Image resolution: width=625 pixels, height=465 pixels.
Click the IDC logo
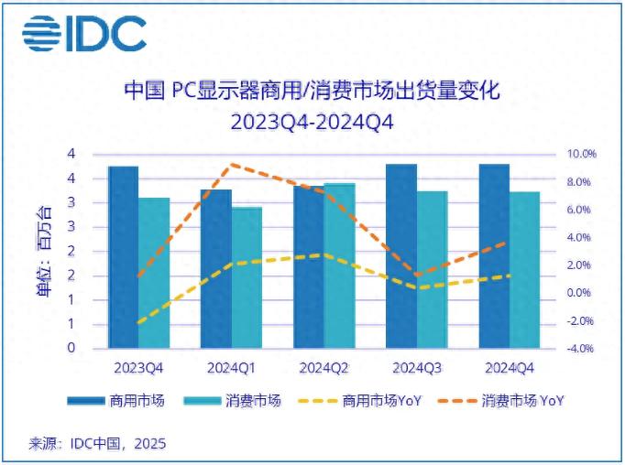coord(84,34)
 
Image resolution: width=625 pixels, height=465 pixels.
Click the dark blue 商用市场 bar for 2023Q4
coord(123,258)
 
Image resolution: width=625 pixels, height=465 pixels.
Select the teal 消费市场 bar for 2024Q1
coord(247,278)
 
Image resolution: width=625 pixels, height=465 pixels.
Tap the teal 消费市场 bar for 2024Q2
coord(339,266)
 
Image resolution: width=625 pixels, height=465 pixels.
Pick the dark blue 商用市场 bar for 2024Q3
coord(400,256)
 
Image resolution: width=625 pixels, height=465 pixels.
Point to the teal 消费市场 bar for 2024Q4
coord(524,270)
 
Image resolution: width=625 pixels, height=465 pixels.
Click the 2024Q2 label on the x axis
coord(323,367)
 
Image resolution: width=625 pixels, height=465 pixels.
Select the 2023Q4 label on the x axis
coord(138,367)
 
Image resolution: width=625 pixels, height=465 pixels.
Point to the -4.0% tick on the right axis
coord(580,349)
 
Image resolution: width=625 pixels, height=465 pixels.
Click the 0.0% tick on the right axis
coord(582,293)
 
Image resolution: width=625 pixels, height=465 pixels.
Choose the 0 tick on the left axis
coord(71,349)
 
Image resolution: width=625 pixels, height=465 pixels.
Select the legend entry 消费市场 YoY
coord(520,401)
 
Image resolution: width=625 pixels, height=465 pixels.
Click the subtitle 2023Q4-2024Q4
coord(312,123)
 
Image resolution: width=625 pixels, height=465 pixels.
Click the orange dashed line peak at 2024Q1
coord(233,165)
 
